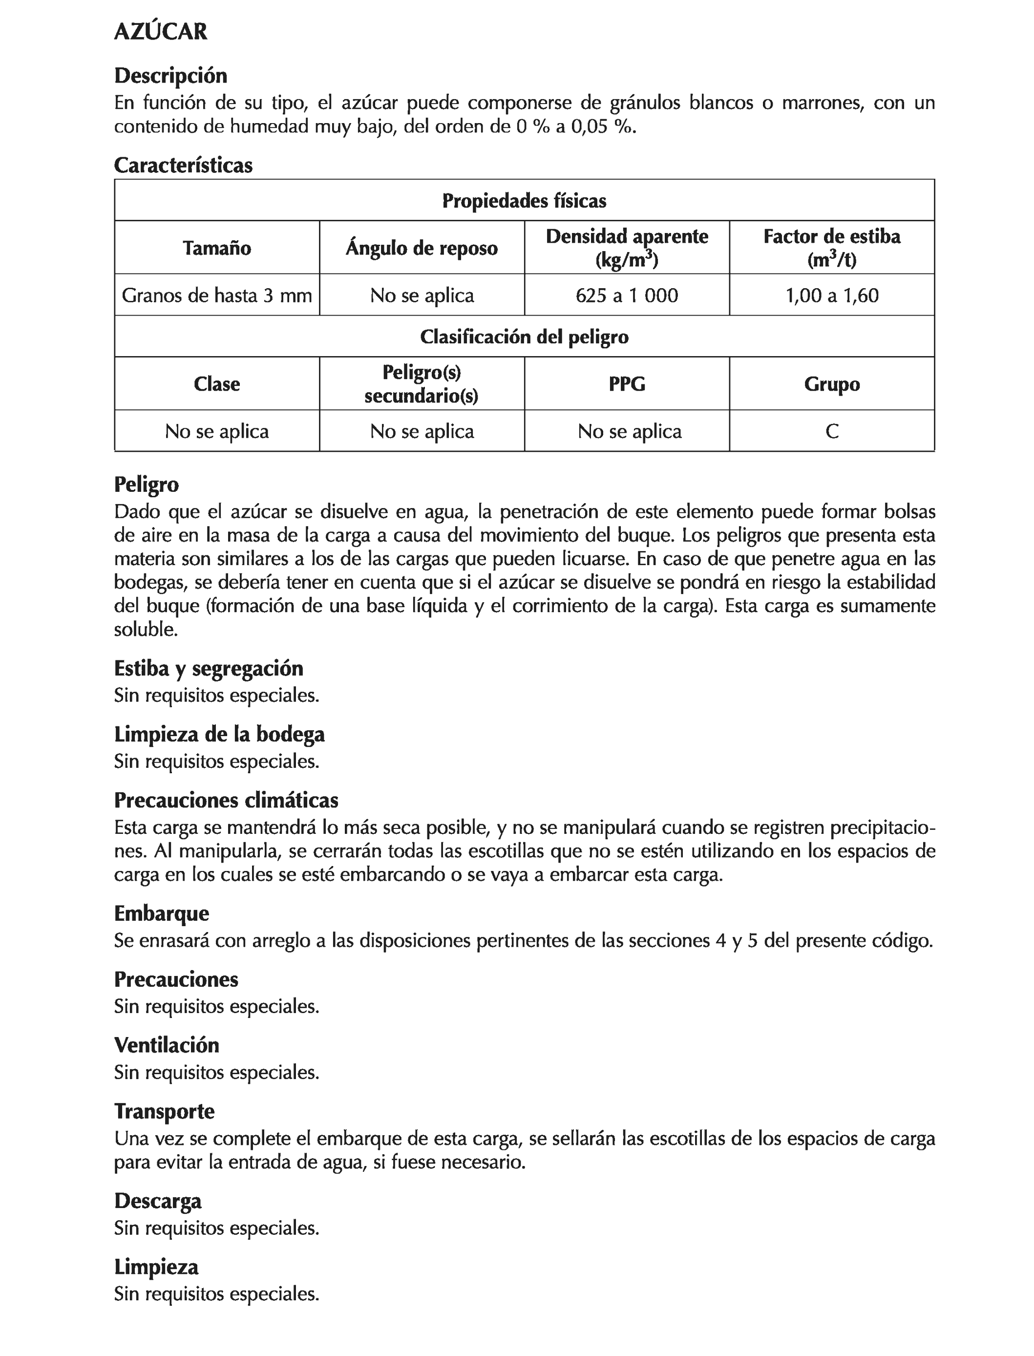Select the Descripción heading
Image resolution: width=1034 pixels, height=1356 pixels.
170,76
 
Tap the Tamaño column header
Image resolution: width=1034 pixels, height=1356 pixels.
217,248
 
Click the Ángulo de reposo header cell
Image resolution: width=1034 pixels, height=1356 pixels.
422,248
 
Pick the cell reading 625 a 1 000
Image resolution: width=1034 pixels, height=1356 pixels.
627,296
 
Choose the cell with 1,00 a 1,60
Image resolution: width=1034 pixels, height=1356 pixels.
831,296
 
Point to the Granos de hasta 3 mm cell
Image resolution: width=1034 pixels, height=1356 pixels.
217,296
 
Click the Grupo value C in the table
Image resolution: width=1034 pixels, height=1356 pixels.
831,431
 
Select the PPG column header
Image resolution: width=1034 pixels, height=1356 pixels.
627,384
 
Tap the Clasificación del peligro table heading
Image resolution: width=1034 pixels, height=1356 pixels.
525,337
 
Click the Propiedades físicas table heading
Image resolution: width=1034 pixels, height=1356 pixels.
525,201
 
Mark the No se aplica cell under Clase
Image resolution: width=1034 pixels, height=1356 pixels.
217,431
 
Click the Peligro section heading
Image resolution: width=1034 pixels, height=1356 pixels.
147,485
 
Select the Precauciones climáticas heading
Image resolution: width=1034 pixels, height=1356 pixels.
226,800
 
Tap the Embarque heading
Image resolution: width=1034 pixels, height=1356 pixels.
161,913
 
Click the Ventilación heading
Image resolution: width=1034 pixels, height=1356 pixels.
166,1045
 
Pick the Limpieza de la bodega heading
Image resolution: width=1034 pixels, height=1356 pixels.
219,734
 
